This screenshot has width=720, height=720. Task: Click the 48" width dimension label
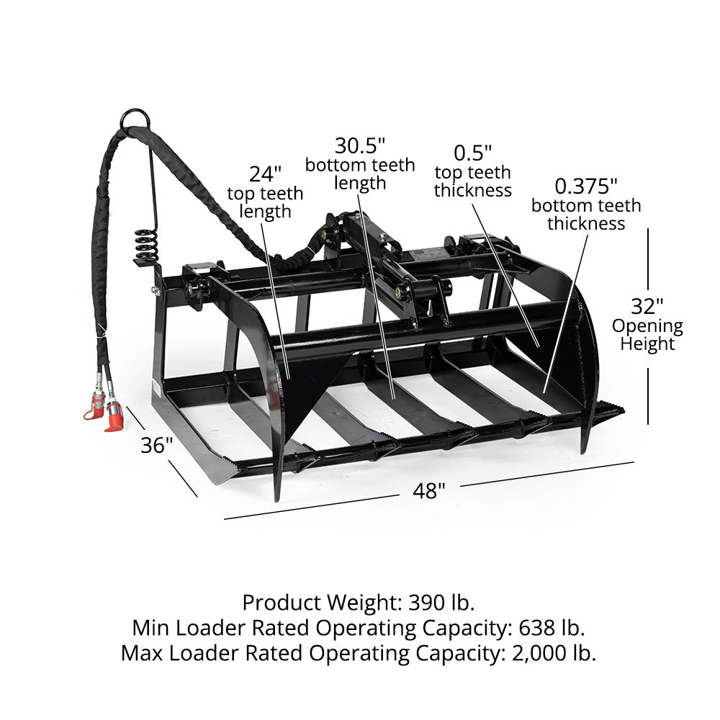[429, 491]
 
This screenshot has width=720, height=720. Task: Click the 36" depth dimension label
[157, 445]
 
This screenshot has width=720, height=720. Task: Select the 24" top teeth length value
[265, 174]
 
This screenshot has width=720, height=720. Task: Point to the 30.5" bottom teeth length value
[360, 146]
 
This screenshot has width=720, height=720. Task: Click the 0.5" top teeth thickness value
[472, 153]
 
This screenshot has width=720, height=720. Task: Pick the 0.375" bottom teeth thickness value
[586, 186]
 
